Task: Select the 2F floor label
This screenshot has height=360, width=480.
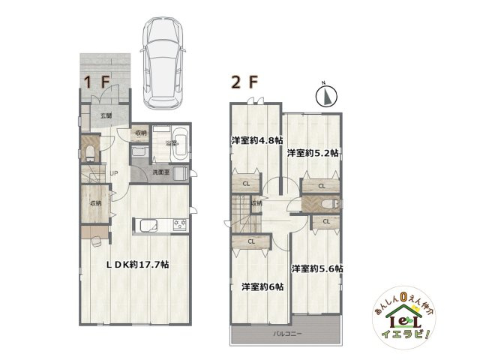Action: pos(243,82)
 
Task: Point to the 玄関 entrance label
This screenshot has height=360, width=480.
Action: pos(106,115)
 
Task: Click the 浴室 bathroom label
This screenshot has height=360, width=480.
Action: pos(169,143)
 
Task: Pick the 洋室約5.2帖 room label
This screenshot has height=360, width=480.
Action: pos(312,152)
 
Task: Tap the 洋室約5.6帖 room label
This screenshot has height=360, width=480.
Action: pos(317,268)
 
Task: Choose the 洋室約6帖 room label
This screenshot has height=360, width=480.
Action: pos(262,286)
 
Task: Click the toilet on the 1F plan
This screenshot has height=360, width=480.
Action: pos(89,154)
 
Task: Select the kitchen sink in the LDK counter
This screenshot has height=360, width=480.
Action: pos(145,224)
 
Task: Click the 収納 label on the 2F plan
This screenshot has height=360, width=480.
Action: pos(256,203)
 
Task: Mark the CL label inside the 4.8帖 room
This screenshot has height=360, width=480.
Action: pos(246,184)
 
